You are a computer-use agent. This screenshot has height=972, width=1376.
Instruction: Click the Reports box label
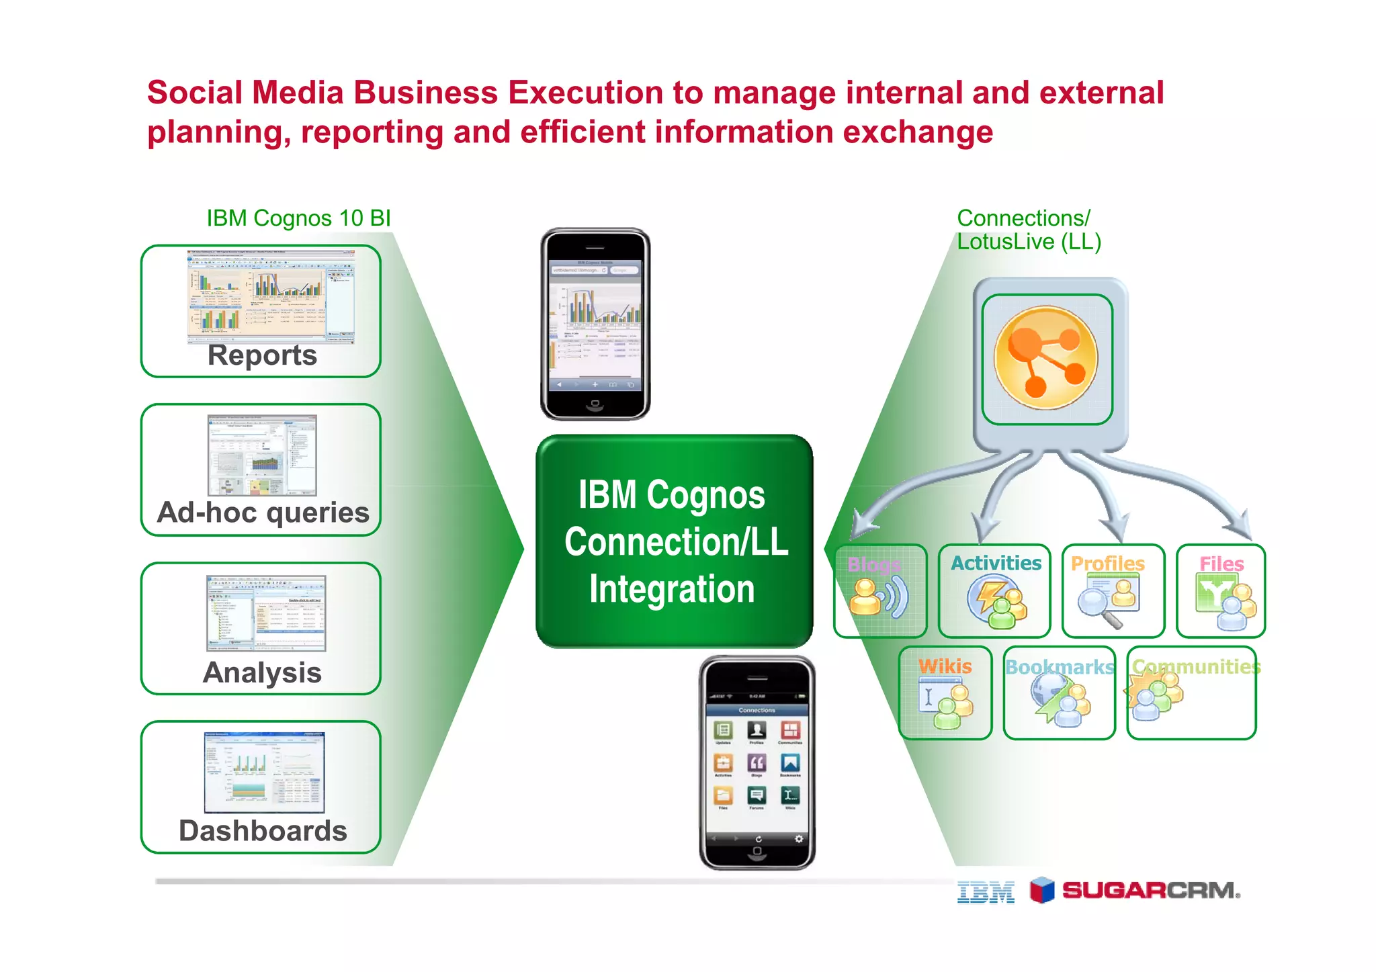262,355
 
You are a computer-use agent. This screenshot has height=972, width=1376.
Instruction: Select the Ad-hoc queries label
263,513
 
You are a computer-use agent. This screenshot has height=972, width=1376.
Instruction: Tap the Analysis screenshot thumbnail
266,613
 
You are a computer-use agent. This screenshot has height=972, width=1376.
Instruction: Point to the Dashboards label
263,831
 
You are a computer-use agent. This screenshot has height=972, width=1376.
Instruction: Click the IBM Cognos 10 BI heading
298,218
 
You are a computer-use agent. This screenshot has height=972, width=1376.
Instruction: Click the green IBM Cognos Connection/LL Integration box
674,541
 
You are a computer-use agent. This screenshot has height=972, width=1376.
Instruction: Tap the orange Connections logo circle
1046,358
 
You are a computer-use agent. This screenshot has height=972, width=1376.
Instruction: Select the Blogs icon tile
880,590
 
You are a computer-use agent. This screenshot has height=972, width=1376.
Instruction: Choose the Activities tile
995,590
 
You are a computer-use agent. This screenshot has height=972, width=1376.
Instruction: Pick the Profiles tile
1113,590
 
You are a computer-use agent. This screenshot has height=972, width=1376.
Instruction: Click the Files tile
1221,590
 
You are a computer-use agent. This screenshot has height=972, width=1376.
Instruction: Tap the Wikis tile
945,693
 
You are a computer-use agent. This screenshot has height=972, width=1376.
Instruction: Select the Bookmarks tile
1059,693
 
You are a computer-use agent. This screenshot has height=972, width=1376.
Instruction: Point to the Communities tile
1191,693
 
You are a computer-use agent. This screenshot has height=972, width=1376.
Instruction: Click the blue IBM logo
986,891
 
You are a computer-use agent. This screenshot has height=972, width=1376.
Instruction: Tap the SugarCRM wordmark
1150,891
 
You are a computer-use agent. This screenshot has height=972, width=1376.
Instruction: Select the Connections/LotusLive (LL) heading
1028,230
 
